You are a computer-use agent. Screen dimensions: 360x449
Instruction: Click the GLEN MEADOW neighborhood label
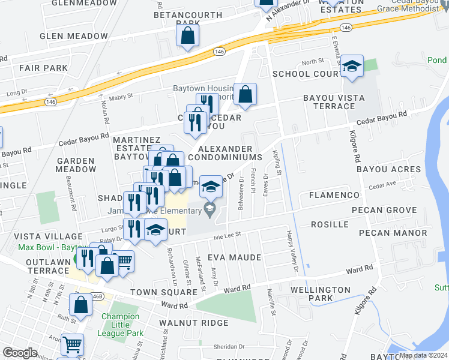pyautogui.click(x=74, y=36)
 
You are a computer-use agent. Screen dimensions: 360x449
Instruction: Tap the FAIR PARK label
pyautogui.click(x=43, y=68)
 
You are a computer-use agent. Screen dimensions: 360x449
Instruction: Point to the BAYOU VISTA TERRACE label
pyautogui.click(x=329, y=101)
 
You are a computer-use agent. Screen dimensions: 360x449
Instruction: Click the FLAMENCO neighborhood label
pyautogui.click(x=334, y=195)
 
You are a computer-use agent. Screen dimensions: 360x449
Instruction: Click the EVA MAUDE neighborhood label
pyautogui.click(x=234, y=257)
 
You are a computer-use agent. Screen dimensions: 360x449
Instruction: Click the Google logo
pyautogui.click(x=20, y=353)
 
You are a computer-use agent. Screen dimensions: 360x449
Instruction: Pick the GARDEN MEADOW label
pyautogui.click(x=76, y=165)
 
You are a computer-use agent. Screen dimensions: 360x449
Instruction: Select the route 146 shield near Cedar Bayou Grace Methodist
pyautogui.click(x=345, y=28)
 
